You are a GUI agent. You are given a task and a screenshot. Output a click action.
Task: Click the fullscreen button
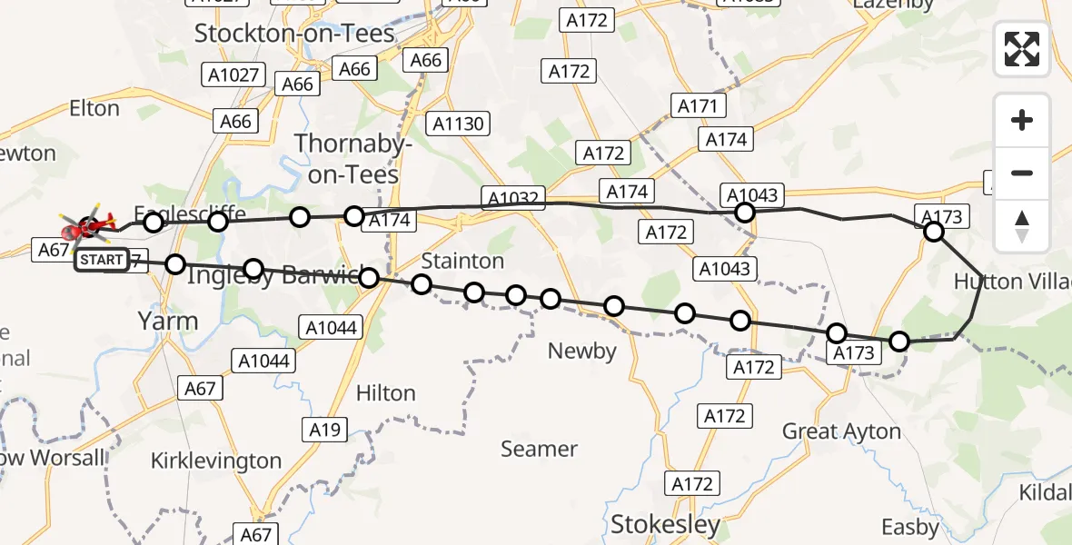coord(1022,49)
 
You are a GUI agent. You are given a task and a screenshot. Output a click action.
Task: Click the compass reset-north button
coord(1022,226)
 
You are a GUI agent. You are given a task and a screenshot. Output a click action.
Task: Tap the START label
coord(102,261)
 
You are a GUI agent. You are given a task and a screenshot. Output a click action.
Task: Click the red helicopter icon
coord(90,224)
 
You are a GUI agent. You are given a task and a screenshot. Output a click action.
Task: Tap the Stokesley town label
coord(666,524)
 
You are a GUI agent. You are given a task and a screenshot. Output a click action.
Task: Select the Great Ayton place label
coord(841,431)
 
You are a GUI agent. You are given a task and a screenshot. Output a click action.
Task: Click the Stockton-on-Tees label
coord(295,35)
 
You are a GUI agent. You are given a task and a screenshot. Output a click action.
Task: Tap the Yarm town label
coord(167,321)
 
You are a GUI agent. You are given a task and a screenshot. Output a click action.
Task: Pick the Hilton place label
coord(386,393)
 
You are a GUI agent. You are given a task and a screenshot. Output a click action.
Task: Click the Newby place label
coord(582,351)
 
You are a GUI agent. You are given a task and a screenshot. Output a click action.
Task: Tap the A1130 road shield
coord(459,124)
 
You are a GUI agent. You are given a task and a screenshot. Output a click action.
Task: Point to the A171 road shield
coord(698,106)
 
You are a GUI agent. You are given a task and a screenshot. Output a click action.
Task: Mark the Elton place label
coord(94,109)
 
